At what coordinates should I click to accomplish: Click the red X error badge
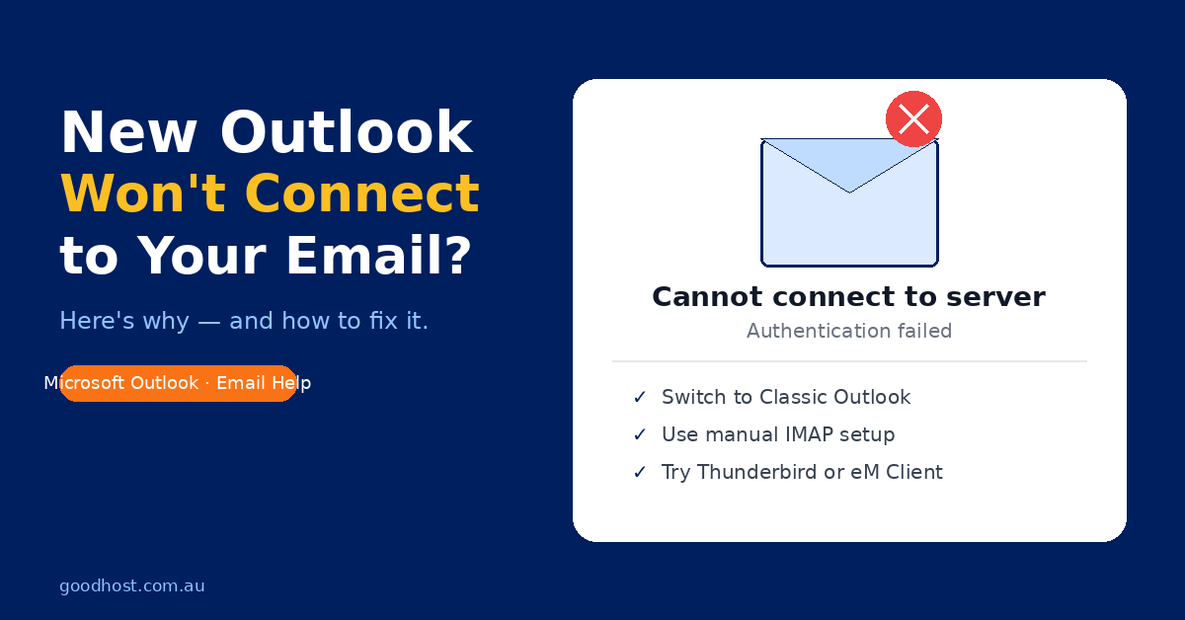(x=913, y=118)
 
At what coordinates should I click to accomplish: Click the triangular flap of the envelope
(x=849, y=159)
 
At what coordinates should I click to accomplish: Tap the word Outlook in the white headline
(x=346, y=131)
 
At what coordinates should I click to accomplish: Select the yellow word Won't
(x=144, y=194)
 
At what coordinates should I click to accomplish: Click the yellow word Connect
(x=362, y=194)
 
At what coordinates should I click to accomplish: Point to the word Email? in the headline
(x=378, y=256)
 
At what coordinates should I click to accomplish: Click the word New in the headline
(x=129, y=131)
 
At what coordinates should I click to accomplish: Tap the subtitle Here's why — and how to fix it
(x=244, y=321)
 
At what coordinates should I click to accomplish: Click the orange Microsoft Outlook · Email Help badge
(x=178, y=383)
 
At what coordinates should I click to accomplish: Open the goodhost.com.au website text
(x=131, y=586)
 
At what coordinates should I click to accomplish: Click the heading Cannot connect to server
(x=848, y=296)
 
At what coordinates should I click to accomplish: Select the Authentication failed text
(x=849, y=331)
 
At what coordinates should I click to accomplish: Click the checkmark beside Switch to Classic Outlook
(x=640, y=397)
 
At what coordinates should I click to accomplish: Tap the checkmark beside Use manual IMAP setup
(x=640, y=434)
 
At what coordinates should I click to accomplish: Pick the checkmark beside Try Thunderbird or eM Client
(x=640, y=472)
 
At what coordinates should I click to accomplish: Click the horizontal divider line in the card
(x=849, y=361)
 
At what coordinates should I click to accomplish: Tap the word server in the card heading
(x=995, y=297)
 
